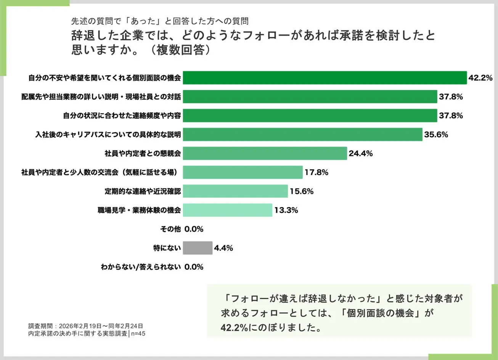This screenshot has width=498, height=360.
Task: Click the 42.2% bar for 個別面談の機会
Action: (x=325, y=78)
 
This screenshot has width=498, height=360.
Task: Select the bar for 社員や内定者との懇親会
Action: (x=265, y=154)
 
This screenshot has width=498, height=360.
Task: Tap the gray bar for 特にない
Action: (x=198, y=248)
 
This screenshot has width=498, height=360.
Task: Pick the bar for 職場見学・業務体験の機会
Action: (x=227, y=210)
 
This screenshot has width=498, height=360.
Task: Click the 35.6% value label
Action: (x=436, y=134)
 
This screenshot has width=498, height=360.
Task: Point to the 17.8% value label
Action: (x=316, y=173)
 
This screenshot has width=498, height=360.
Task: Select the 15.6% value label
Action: (x=301, y=192)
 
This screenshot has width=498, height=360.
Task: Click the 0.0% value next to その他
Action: (x=194, y=229)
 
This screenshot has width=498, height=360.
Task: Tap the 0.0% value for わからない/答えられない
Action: (x=194, y=267)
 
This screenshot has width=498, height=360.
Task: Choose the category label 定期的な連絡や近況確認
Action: (x=143, y=192)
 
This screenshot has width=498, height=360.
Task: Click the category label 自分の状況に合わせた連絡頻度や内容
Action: (x=122, y=115)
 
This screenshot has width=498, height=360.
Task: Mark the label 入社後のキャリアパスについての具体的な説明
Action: (x=108, y=134)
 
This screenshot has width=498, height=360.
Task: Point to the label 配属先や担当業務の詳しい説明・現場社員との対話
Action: (x=101, y=97)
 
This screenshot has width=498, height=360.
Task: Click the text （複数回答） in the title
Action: (x=178, y=50)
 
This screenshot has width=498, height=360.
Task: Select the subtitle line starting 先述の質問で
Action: (x=160, y=21)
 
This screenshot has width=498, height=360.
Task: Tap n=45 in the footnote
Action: (x=138, y=334)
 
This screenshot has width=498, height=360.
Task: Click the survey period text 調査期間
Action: (x=86, y=326)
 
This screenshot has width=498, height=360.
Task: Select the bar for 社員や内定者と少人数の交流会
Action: (x=243, y=173)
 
